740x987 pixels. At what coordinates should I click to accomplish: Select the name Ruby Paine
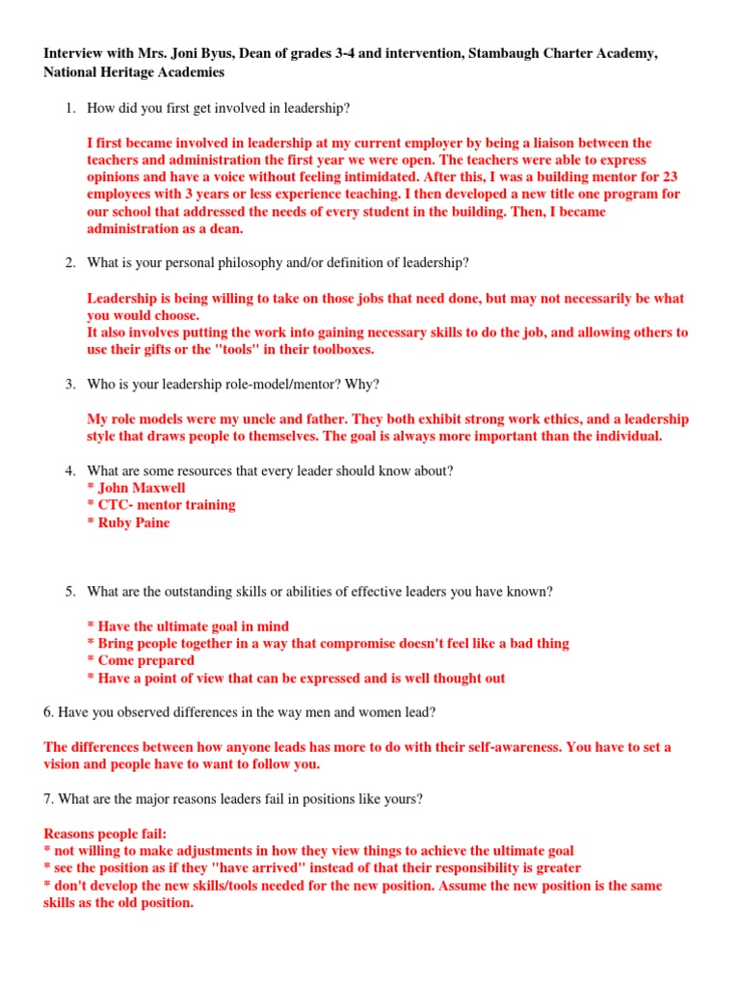click(134, 522)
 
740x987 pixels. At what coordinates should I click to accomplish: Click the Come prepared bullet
click(141, 661)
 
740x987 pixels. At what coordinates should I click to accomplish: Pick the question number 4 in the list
click(70, 470)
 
